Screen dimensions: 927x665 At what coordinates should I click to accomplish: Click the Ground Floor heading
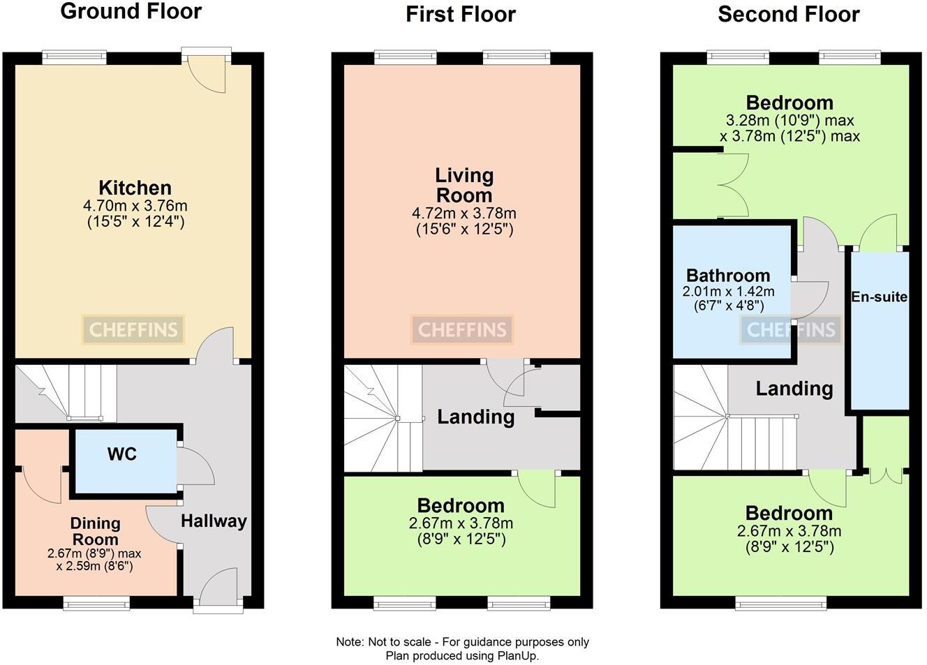(131, 11)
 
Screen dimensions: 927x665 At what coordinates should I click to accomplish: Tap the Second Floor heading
(789, 15)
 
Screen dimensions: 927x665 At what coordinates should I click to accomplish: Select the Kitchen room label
(135, 188)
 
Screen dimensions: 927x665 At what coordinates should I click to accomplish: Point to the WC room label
(121, 454)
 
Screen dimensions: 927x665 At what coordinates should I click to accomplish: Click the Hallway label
(214, 521)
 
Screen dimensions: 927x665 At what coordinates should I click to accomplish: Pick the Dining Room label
(95, 531)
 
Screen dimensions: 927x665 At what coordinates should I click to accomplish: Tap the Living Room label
(464, 186)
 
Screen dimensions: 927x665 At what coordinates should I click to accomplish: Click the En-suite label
(879, 297)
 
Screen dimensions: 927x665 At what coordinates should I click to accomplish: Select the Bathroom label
(728, 275)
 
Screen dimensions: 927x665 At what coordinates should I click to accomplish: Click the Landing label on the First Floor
(476, 417)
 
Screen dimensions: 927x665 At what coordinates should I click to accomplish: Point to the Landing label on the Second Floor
(794, 389)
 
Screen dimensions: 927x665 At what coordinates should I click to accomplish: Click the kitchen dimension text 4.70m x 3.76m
(135, 206)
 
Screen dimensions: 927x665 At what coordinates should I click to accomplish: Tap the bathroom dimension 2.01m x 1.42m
(728, 291)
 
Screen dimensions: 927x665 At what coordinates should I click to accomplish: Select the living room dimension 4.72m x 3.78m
(464, 214)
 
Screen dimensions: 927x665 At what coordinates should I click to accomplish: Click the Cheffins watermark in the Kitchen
(133, 330)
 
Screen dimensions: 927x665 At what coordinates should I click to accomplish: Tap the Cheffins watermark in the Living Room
(462, 330)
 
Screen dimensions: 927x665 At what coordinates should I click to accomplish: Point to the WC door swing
(196, 465)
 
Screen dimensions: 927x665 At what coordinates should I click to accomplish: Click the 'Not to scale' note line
(462, 642)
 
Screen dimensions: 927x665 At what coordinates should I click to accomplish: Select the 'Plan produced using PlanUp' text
(462, 656)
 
